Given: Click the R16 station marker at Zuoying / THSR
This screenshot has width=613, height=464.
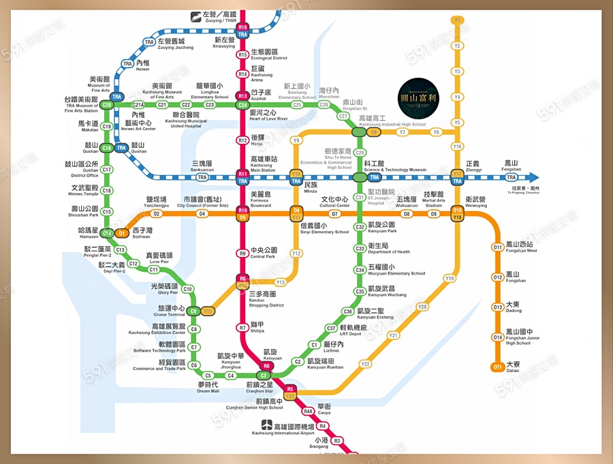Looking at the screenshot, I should click(243, 27).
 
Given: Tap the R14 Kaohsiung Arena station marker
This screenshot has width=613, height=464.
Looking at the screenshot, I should click(242, 74).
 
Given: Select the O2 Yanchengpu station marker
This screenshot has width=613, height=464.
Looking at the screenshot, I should click(157, 213).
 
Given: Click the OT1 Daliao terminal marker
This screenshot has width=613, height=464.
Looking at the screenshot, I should click(498, 368).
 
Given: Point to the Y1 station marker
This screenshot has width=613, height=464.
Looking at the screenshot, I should click(458, 20).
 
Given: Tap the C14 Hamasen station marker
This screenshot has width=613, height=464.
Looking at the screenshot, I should click(107, 233).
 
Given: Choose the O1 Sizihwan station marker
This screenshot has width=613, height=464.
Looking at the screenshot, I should click(122, 233).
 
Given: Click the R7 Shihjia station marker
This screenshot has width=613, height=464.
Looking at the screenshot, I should click(242, 328).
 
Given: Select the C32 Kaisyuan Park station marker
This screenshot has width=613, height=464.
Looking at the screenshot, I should click(360, 227).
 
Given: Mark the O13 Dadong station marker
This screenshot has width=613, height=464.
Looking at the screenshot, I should click(498, 307).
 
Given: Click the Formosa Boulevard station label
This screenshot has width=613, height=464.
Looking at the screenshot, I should click(260, 198).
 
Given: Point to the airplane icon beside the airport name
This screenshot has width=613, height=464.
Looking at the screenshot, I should click(268, 425).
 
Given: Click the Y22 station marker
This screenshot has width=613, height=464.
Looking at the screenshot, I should click(366, 364).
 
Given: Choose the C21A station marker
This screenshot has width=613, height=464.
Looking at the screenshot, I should click(139, 105).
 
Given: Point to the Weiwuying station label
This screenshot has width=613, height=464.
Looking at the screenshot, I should click(476, 202).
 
